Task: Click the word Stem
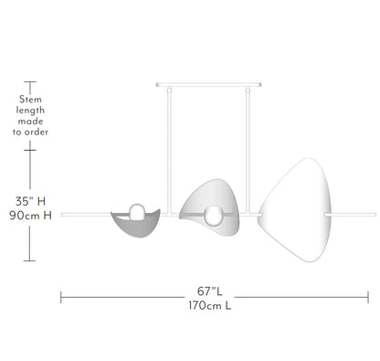[30, 100]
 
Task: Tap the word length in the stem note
[30, 111]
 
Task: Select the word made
[30, 122]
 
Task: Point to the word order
[37, 133]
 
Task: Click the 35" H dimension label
[30, 201]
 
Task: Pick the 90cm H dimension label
[30, 216]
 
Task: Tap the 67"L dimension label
[210, 292]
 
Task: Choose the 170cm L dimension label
[210, 305]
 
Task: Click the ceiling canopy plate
[208, 85]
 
